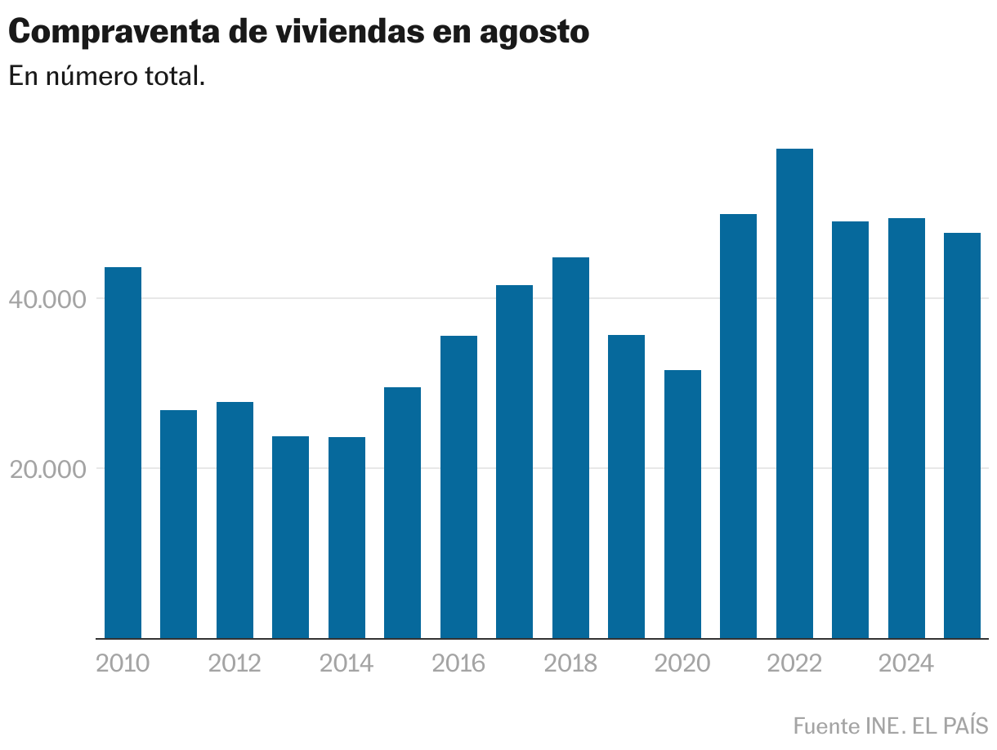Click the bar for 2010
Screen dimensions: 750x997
(x=123, y=453)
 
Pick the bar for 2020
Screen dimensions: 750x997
(x=682, y=504)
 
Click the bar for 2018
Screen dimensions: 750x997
(x=570, y=448)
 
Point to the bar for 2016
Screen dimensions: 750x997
(x=458, y=487)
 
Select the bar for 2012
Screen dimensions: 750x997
(x=235, y=520)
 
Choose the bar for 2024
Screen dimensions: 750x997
(x=906, y=428)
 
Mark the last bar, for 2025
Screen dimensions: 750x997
(x=962, y=435)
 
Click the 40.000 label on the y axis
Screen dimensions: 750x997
(x=47, y=300)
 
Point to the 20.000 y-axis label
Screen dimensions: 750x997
(x=47, y=470)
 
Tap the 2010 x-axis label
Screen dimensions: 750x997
(x=123, y=663)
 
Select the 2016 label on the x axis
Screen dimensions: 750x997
(x=458, y=663)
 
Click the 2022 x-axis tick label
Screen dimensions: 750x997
(x=794, y=663)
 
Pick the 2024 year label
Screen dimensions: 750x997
(x=905, y=663)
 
